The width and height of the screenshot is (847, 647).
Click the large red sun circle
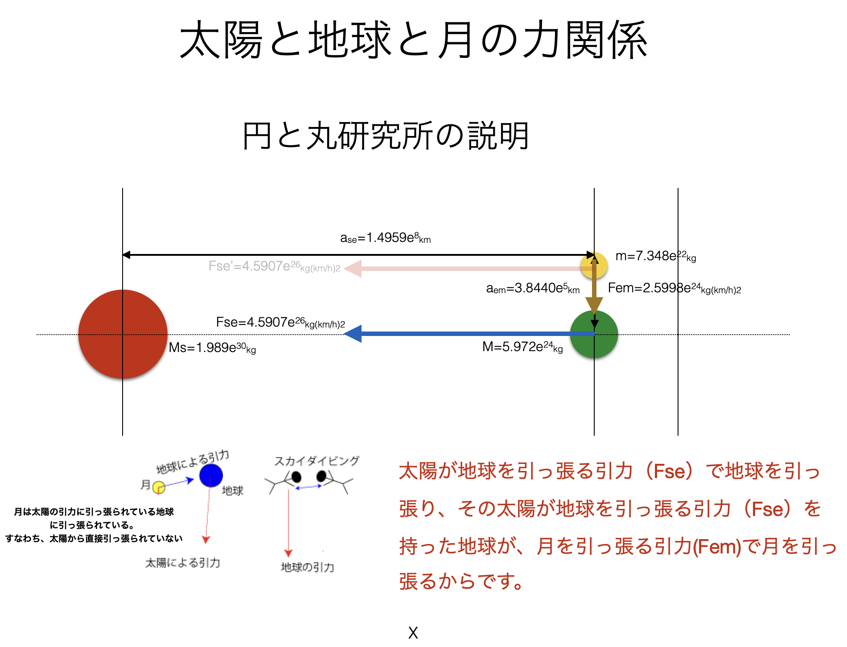coord(123,334)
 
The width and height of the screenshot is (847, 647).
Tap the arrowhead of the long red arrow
coord(352,269)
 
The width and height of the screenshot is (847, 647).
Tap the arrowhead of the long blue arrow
coord(352,334)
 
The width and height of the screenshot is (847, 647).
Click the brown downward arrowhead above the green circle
coord(594,305)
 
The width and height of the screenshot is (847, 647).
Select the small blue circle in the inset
coord(211,475)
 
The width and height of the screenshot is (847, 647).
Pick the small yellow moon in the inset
coord(159,487)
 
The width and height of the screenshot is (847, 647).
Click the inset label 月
coord(145,484)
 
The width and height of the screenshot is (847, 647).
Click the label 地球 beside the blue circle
coord(232,491)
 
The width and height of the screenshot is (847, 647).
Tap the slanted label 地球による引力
coord(193,462)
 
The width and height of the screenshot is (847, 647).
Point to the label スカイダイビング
coord(316,461)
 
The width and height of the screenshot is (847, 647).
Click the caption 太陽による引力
coord(183,563)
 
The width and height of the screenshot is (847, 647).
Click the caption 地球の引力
coord(307,567)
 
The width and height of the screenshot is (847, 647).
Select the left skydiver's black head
coord(296,478)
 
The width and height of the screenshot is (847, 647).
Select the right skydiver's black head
coord(321,476)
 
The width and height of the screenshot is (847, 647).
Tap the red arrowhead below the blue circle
coord(206,540)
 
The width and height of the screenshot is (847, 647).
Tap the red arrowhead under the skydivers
coord(288,553)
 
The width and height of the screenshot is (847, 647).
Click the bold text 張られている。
coord(105,525)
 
